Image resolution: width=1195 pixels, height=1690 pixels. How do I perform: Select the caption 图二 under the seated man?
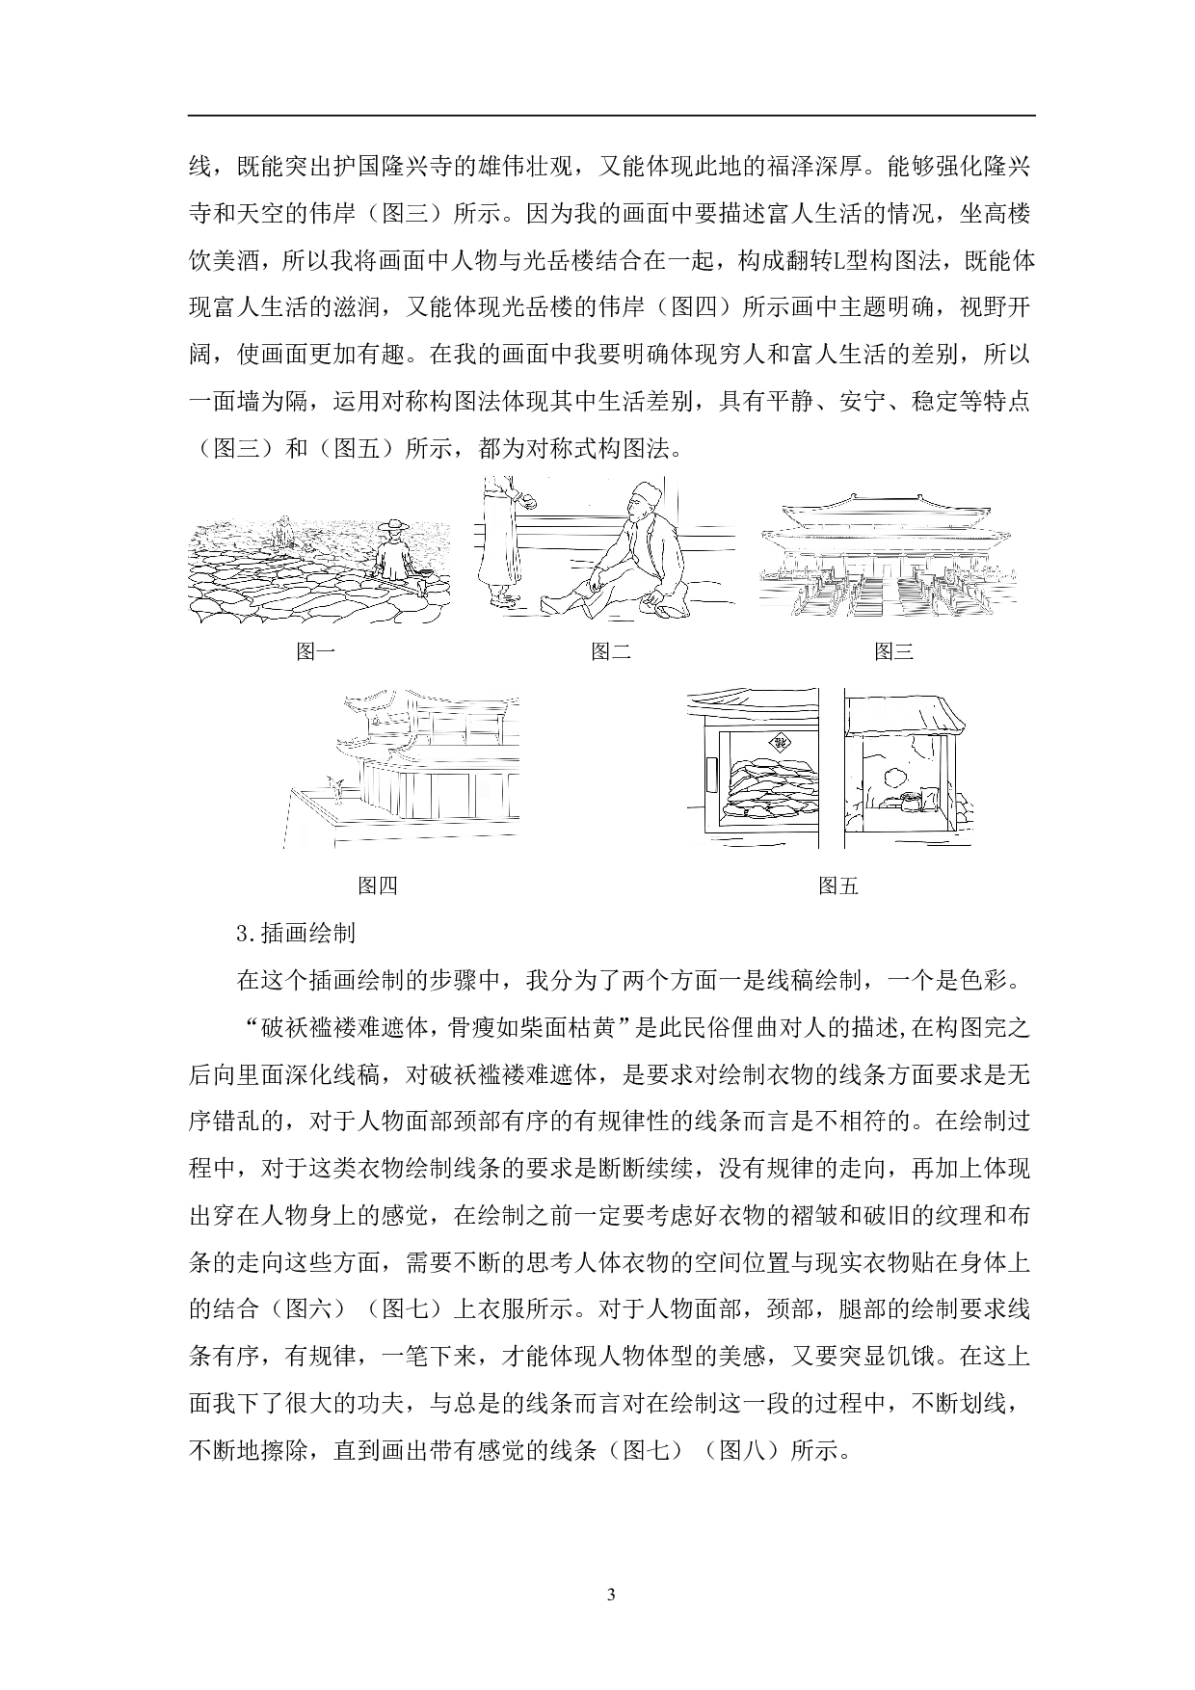pos(611,652)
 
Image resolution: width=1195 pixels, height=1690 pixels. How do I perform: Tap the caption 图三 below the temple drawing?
pos(893,652)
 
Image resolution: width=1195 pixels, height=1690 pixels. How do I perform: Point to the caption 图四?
pos(377,885)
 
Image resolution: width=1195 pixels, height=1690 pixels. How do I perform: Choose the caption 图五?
pos(837,885)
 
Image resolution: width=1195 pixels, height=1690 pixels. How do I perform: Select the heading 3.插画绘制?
pos(296,933)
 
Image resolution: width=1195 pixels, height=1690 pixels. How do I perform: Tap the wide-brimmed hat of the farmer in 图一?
pos(389,527)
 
